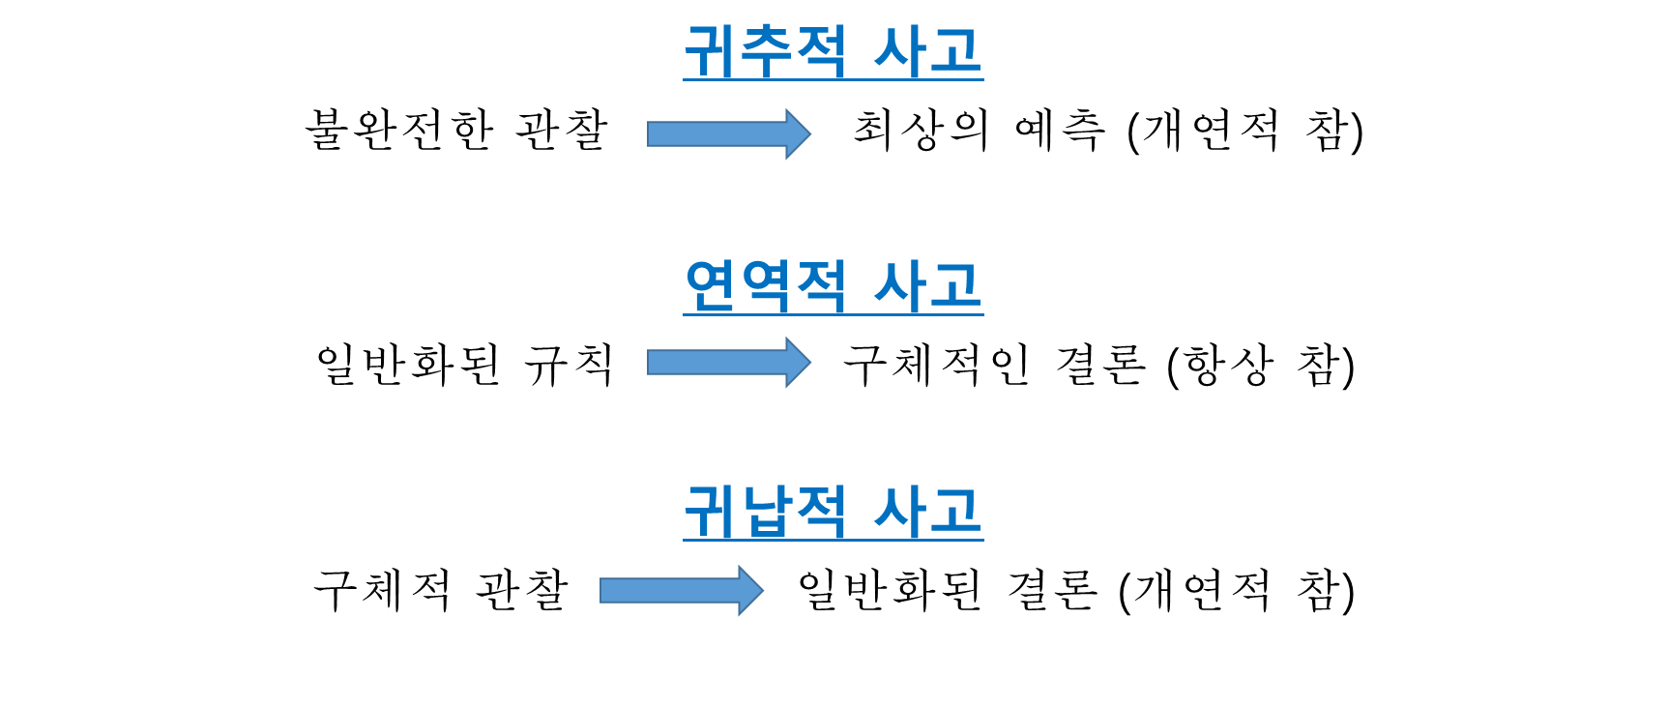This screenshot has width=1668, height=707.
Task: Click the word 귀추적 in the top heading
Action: [x=765, y=51]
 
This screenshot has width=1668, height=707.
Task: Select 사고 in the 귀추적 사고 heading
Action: [x=927, y=51]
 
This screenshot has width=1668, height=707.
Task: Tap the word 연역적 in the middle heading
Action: [x=765, y=285]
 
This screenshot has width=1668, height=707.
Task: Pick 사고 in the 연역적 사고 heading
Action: [x=927, y=285]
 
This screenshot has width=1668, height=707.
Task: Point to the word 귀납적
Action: [x=765, y=511]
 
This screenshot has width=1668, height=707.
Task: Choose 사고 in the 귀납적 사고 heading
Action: [x=927, y=511]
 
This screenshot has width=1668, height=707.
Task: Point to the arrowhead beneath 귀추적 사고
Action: [x=797, y=133]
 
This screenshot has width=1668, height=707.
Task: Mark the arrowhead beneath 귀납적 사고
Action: [x=750, y=590]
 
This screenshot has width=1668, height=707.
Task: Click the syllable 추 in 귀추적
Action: [x=765, y=51]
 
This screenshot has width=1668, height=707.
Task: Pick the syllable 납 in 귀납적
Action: [x=765, y=511]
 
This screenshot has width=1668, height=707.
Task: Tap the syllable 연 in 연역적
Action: [x=711, y=285]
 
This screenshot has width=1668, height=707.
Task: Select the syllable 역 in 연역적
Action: [x=765, y=285]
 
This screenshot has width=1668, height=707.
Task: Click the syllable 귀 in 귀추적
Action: [x=711, y=51]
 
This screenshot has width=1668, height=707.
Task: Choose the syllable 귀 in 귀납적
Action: [x=711, y=511]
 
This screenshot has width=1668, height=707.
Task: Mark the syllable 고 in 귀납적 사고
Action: [x=955, y=511]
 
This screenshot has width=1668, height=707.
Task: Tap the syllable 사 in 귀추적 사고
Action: [x=900, y=51]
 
